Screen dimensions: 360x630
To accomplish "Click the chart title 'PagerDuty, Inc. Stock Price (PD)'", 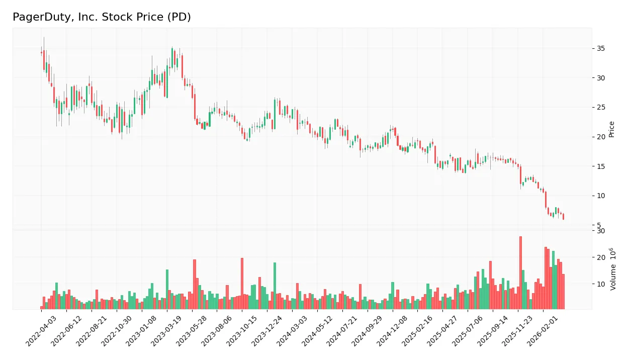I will pos(102,17).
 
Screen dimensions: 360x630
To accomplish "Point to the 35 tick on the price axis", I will pos(600,48).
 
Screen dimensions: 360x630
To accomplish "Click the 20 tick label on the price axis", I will pos(600,137).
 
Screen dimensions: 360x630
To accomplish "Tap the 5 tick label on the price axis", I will pos(598,225).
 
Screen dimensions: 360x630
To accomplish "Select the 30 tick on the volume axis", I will pos(600,231).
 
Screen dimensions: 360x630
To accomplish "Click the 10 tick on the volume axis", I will pos(600,284).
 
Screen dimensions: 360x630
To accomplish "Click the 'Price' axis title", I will pos(612,129).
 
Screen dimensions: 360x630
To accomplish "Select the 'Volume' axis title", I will pos(613,269).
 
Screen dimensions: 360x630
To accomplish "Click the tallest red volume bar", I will pos(520,273).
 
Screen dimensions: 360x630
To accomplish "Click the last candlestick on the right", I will pos(563,216).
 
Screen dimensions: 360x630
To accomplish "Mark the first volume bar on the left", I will pos(42,307).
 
